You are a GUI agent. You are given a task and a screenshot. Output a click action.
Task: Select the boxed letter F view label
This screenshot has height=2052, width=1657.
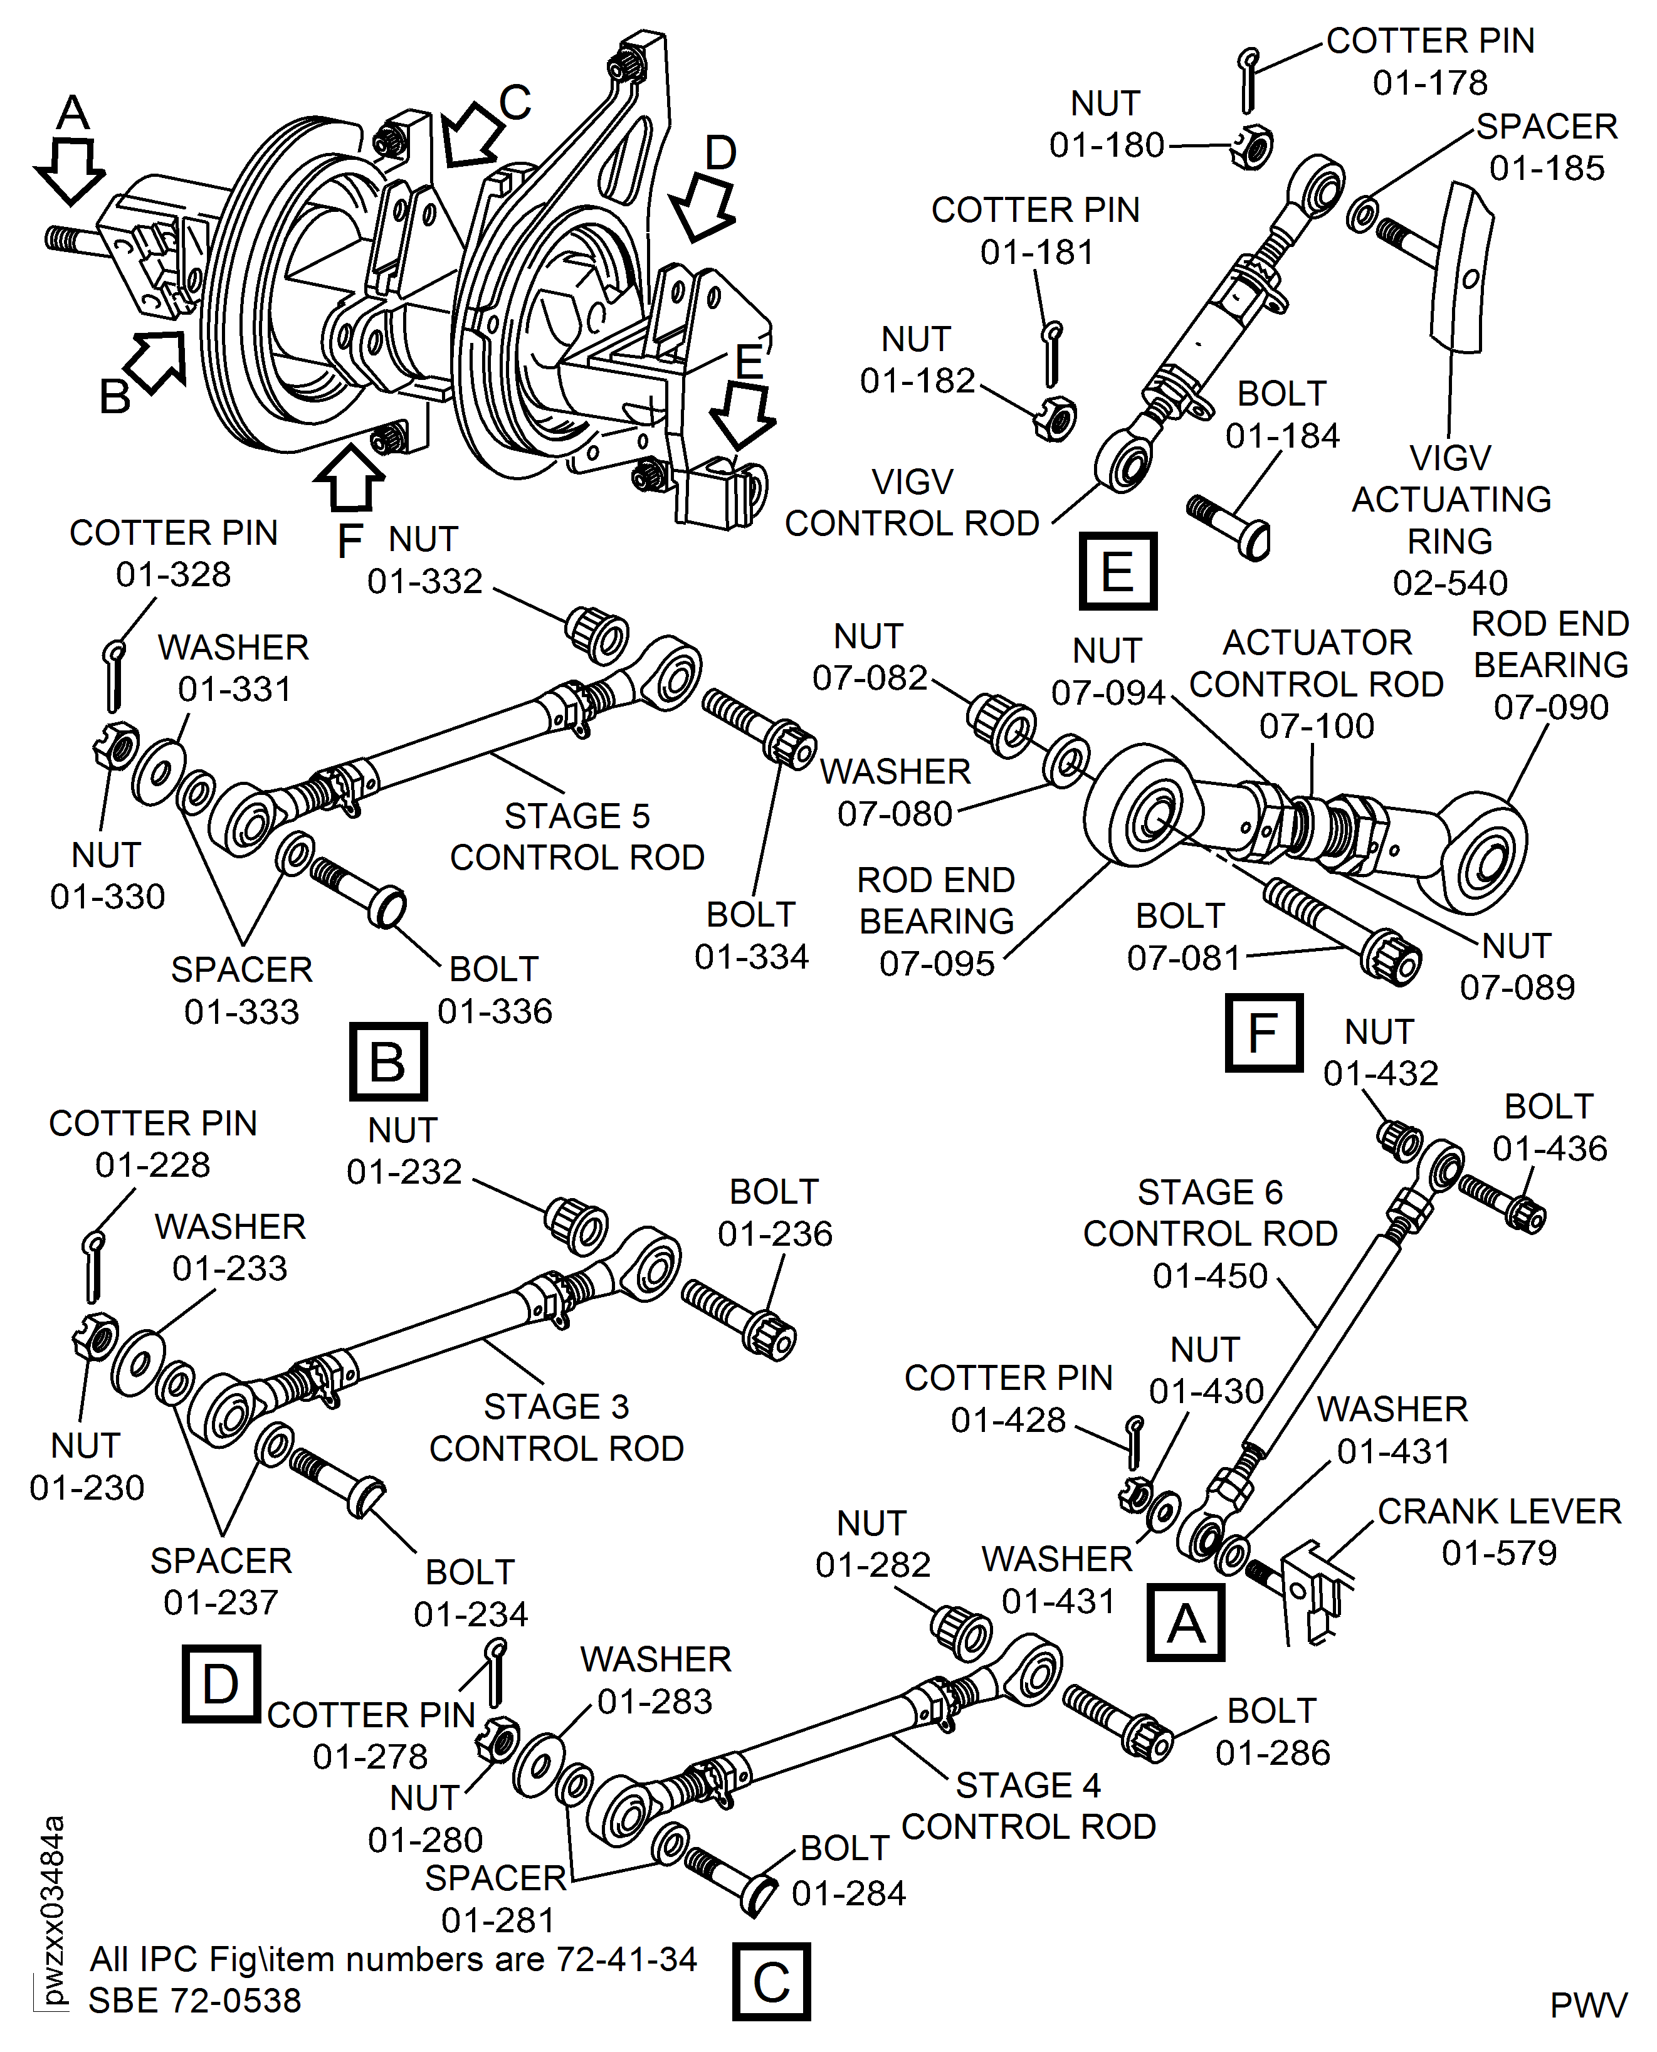point(1263,1033)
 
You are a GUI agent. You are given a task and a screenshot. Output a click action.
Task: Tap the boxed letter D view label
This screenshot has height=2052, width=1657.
point(221,1683)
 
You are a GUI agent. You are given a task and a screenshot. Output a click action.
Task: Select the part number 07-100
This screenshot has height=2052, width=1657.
point(1316,726)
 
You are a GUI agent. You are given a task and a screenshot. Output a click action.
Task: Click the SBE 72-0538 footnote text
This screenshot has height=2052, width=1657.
point(195,1999)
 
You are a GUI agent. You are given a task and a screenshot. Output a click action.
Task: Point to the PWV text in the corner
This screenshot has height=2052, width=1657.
point(1587,2005)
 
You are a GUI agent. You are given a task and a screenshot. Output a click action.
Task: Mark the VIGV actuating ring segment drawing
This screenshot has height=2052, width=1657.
point(1460,267)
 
